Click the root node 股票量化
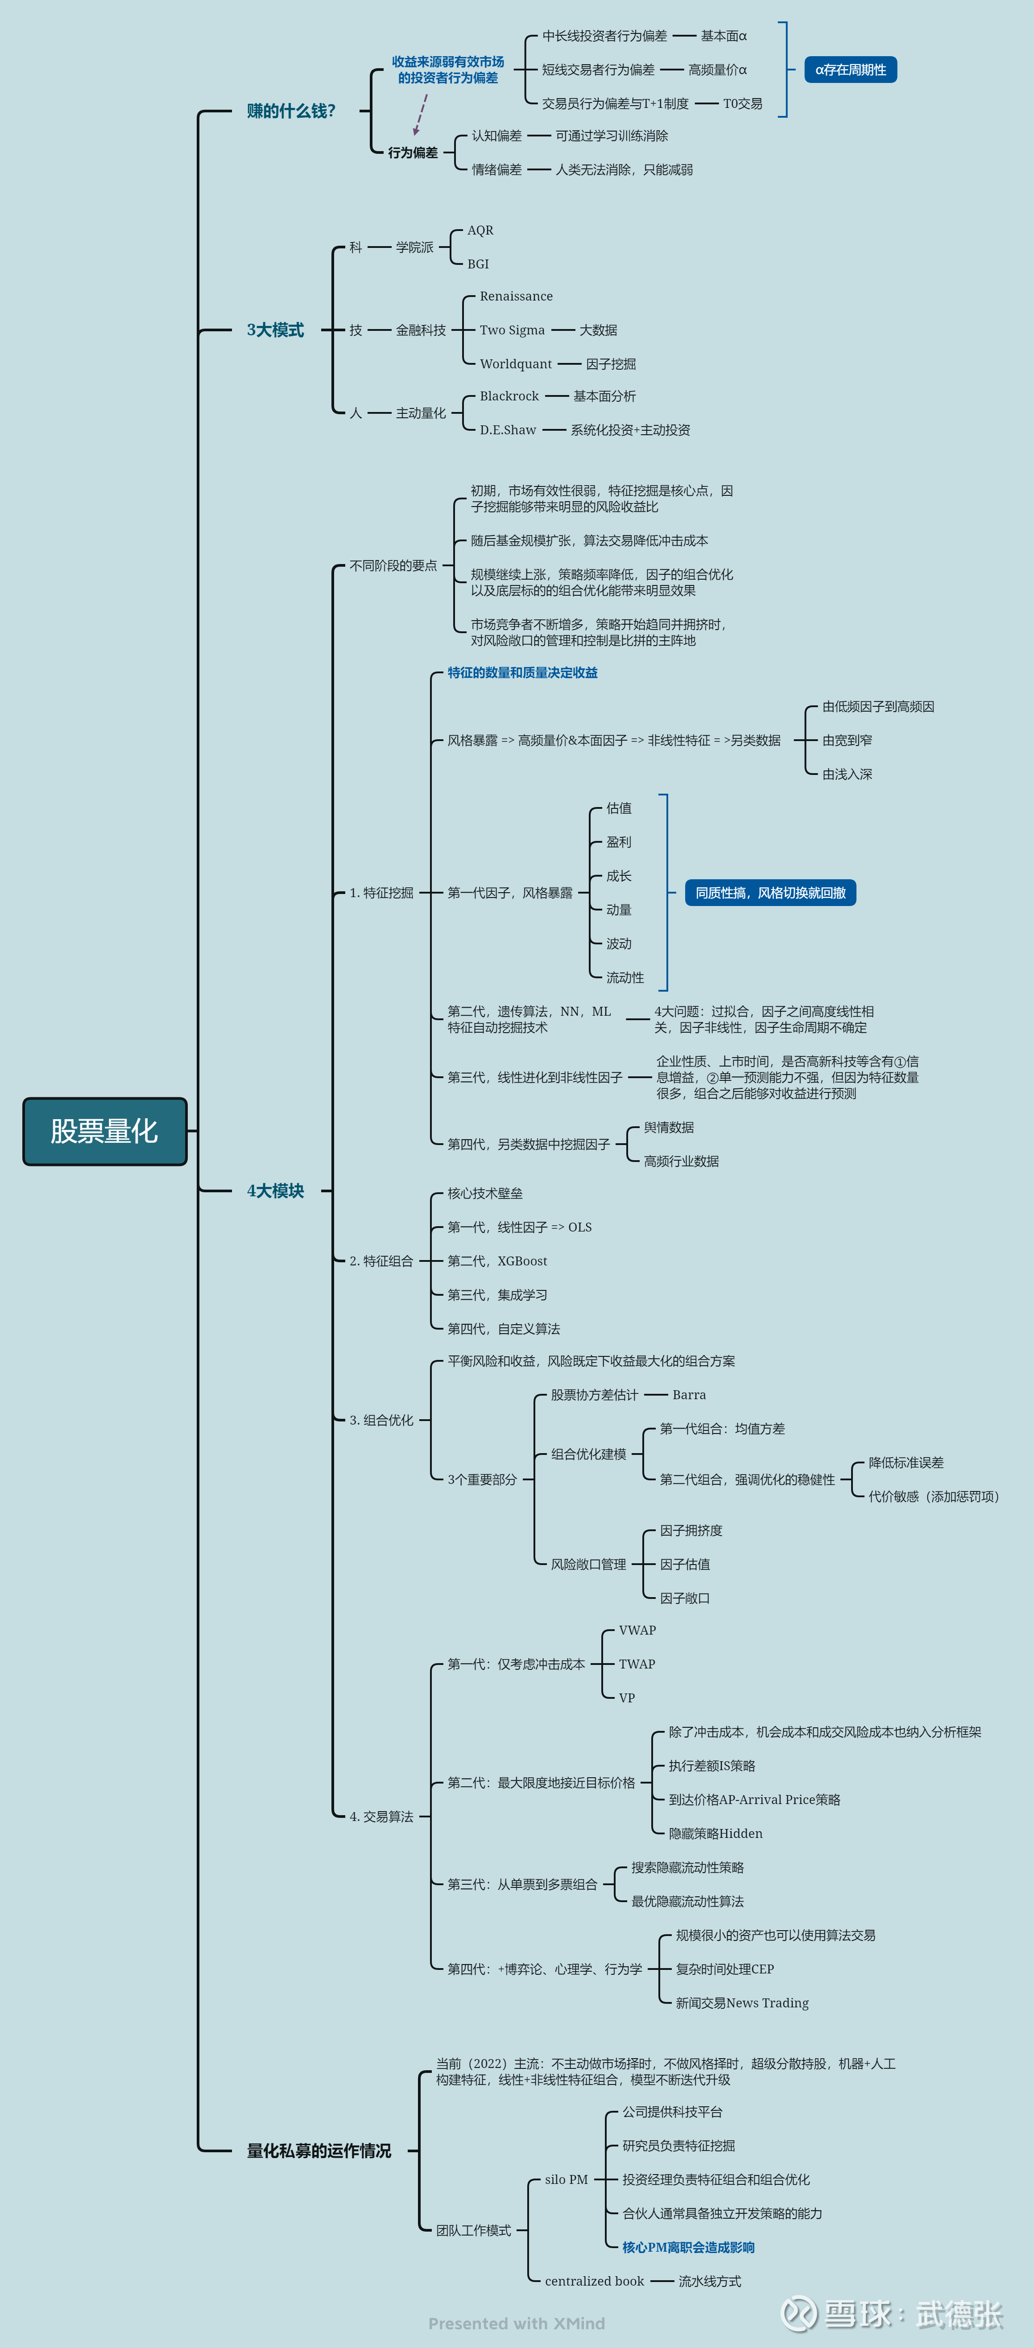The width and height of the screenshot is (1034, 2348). pos(104,1131)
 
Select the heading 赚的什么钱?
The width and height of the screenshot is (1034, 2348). pos(291,111)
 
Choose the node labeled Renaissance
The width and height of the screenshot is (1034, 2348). pos(516,296)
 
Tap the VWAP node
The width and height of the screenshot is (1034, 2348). pos(637,1630)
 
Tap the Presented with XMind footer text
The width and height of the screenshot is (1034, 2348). pos(516,2323)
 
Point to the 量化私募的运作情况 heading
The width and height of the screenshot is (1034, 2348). pos(318,2150)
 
